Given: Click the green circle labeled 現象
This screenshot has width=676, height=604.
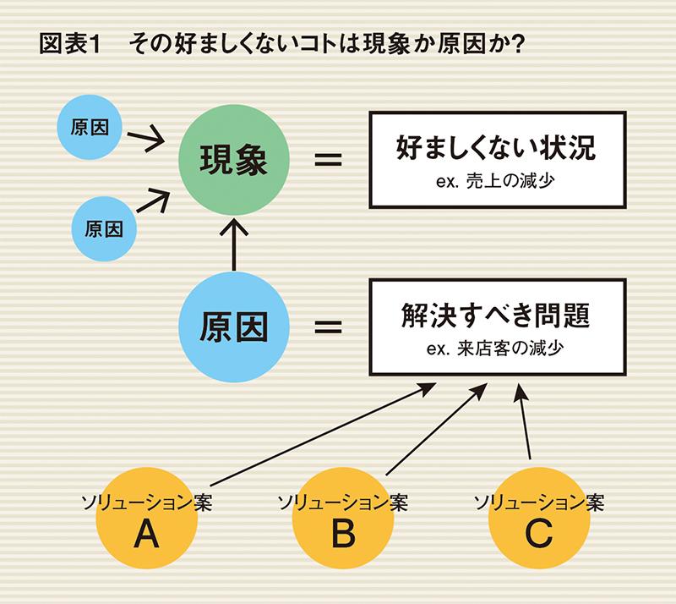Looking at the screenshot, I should (x=233, y=160).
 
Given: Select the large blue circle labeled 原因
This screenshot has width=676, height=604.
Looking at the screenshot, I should (x=233, y=326).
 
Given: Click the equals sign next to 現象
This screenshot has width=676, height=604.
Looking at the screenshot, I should (x=327, y=159).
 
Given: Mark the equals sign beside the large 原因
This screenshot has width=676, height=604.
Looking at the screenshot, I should (x=327, y=326).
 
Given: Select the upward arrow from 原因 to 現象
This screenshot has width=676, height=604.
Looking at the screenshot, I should (x=233, y=245).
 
